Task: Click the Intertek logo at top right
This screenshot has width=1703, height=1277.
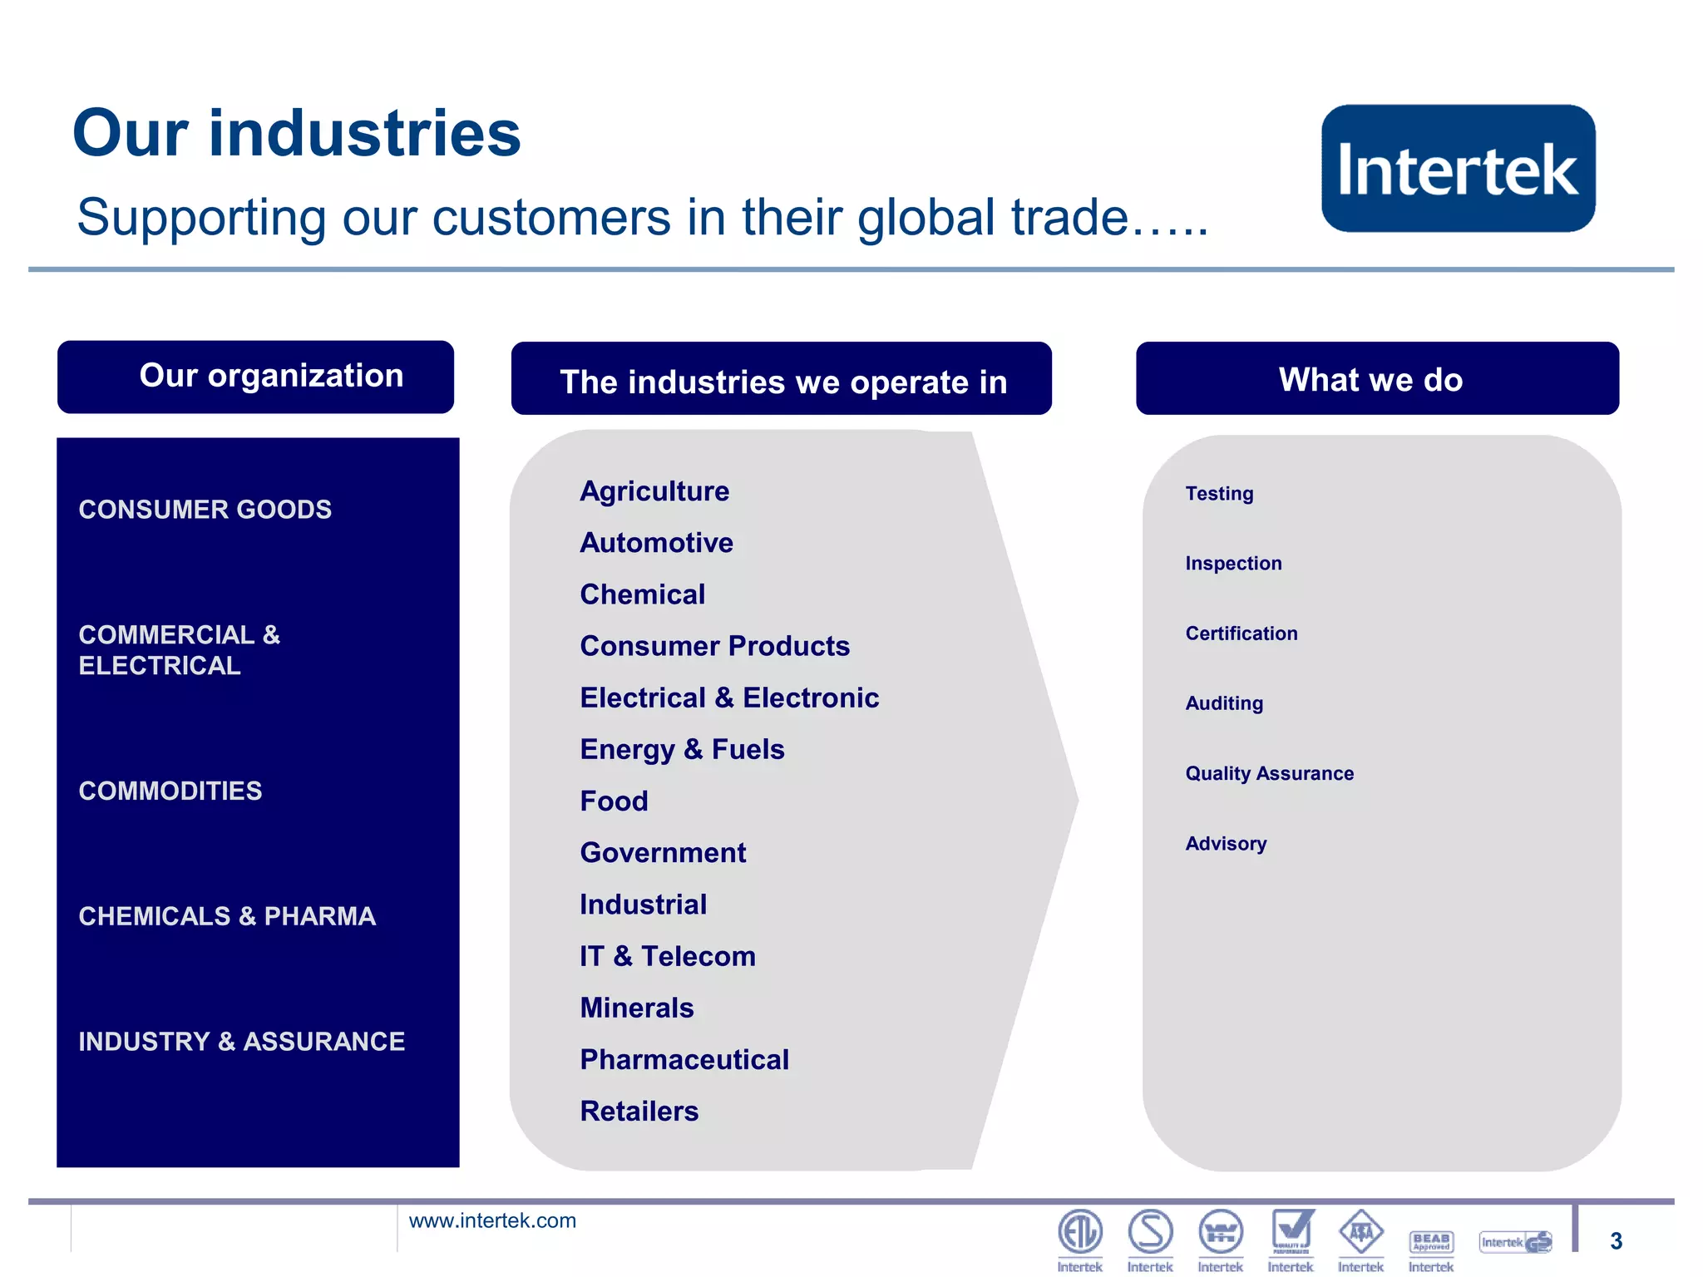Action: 1458,168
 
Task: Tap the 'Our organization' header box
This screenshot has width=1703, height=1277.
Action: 255,377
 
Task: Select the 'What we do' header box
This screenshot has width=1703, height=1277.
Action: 1376,379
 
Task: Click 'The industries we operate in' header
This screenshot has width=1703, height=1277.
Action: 781,381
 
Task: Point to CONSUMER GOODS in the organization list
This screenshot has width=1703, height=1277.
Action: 205,509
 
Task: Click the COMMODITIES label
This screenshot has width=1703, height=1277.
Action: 170,791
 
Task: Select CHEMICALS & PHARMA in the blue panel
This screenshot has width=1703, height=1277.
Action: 227,916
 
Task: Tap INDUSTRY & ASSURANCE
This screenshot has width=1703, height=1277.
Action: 241,1041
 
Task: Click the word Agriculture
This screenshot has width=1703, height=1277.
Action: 654,491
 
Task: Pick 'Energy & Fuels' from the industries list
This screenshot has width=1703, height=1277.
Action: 682,750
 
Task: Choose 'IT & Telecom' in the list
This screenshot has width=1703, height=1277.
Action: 668,956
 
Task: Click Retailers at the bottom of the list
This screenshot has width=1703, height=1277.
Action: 639,1112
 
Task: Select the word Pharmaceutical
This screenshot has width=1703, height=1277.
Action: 684,1059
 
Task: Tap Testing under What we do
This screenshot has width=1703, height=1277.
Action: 1219,494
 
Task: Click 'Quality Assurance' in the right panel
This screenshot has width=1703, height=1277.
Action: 1269,774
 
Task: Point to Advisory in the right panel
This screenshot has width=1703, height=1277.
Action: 1226,844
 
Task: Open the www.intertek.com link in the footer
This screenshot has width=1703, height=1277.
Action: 492,1220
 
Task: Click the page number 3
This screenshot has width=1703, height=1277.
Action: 1616,1241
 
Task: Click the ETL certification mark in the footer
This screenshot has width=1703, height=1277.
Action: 1079,1232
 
